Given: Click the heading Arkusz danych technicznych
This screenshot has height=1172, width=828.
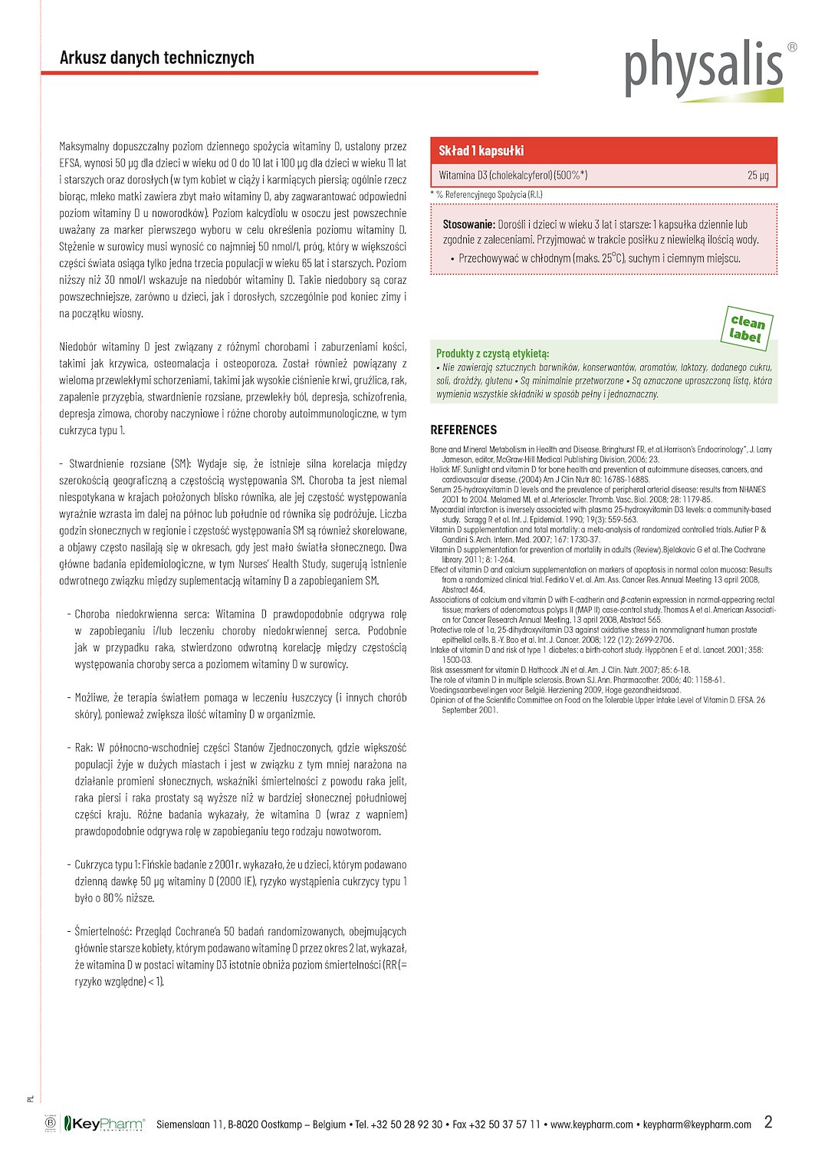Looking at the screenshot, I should [157, 58].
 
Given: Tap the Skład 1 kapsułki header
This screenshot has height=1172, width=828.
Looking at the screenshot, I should [481, 151].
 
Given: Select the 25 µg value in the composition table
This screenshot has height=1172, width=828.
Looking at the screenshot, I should [757, 176].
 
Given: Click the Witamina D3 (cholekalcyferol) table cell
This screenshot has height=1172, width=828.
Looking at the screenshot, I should [513, 176].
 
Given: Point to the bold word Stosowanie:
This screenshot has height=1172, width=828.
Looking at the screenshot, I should [468, 225].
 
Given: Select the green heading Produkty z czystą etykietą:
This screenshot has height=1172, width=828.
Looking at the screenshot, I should [492, 354].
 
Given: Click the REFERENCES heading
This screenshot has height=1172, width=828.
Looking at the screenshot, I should [463, 430].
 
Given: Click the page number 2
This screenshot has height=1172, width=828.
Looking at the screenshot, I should [768, 1122].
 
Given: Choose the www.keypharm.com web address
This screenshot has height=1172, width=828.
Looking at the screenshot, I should [592, 1125].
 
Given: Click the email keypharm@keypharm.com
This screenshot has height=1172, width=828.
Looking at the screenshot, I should [697, 1125].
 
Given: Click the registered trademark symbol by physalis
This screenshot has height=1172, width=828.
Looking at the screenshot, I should [792, 47].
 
